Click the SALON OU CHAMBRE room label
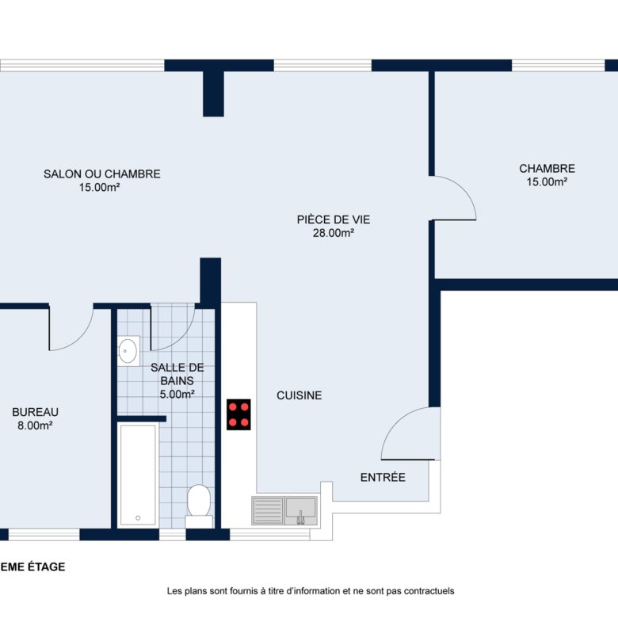[x=102, y=174]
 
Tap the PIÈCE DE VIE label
[x=334, y=219]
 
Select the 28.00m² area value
[x=334, y=233]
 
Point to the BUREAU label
[x=35, y=412]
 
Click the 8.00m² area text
[x=35, y=425]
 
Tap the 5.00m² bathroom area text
[x=177, y=394]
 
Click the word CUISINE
[x=299, y=395]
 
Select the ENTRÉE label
[x=383, y=477]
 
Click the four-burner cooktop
[x=238, y=414]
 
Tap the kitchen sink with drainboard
[x=284, y=511]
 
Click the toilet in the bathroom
[x=199, y=506]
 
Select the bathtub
[x=138, y=475]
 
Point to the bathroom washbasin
[x=128, y=351]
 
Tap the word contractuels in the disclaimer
[x=429, y=591]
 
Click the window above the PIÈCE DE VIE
[x=322, y=66]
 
